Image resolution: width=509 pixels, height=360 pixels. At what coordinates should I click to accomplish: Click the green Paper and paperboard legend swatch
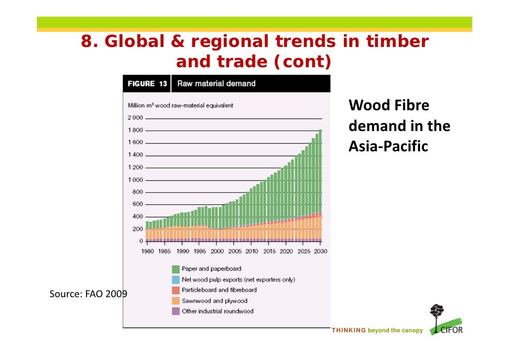(x=175, y=269)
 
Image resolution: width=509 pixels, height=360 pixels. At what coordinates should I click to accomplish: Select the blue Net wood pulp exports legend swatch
(x=175, y=279)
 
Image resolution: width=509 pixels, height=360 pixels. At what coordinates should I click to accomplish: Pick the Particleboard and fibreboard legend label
(x=219, y=290)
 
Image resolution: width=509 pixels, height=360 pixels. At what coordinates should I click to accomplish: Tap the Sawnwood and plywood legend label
(x=214, y=301)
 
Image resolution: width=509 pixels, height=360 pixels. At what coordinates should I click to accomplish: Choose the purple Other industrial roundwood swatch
(x=175, y=312)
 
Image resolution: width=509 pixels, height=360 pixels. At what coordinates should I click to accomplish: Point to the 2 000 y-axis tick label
(x=135, y=118)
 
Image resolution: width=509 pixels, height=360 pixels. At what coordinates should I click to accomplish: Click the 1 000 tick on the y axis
(x=135, y=180)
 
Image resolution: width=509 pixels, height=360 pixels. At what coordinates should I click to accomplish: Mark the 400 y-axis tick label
(x=137, y=217)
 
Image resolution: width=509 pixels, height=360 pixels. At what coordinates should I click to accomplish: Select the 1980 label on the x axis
(x=148, y=251)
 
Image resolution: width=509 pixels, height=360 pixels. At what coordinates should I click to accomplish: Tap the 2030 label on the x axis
(x=320, y=251)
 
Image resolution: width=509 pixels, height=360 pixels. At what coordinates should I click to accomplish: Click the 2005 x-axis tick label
(x=234, y=251)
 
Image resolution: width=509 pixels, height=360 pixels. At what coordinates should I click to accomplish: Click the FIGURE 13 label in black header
(x=147, y=84)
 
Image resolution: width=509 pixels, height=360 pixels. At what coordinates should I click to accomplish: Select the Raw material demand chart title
(x=216, y=84)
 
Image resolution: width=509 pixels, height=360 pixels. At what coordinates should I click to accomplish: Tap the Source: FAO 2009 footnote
(x=88, y=294)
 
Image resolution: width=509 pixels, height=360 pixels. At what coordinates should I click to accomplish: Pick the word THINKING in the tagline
(x=348, y=330)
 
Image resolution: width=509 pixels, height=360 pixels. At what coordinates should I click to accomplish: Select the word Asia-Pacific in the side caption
(x=388, y=147)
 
